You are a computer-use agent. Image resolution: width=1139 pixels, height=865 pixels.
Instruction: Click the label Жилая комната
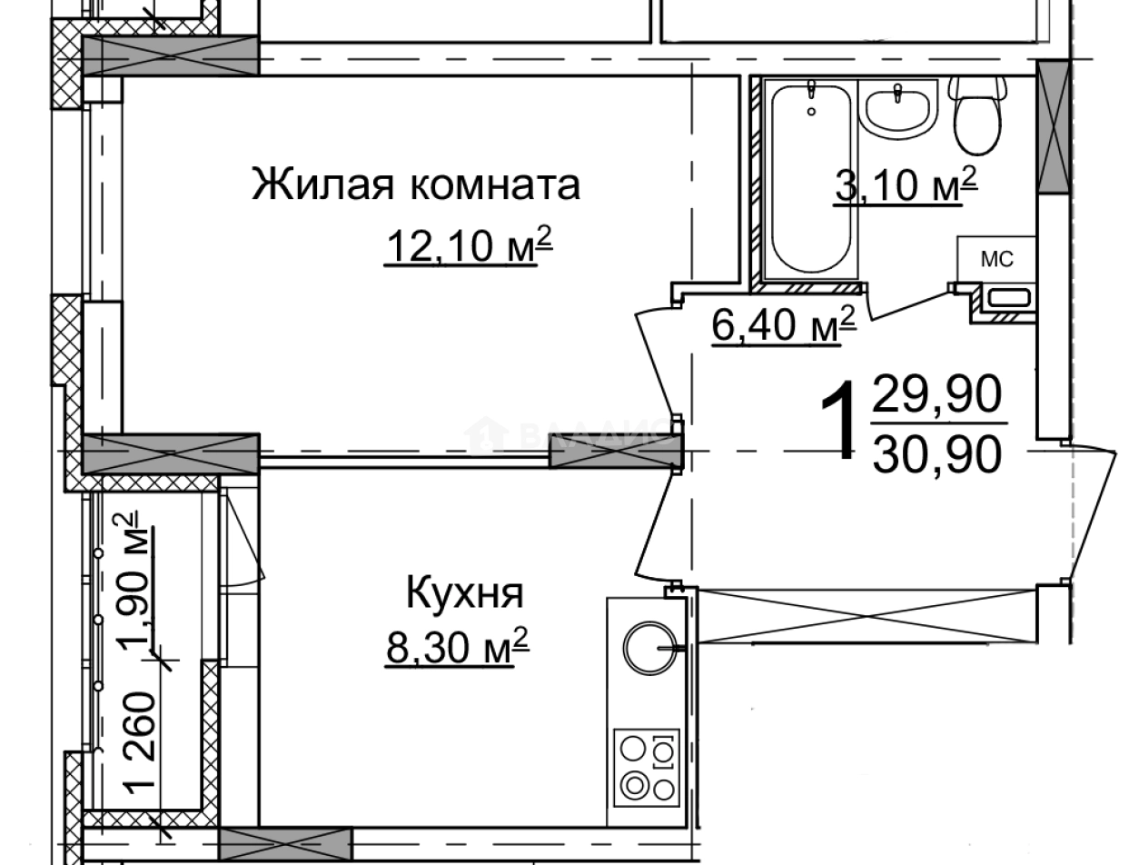[x=416, y=185]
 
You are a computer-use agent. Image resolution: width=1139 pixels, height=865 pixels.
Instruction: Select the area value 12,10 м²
[x=470, y=244]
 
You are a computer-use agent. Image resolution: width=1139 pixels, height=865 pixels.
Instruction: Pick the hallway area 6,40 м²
[x=784, y=325]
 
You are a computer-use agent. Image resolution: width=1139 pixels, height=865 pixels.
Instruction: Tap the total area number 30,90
[x=936, y=453]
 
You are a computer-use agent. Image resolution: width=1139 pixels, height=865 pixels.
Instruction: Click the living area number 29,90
[x=936, y=395]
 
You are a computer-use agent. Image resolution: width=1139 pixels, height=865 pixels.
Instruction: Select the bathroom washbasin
[x=898, y=109]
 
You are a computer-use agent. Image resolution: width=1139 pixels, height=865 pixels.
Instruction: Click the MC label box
[x=995, y=260]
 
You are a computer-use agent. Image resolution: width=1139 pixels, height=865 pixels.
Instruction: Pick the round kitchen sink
[x=649, y=647]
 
